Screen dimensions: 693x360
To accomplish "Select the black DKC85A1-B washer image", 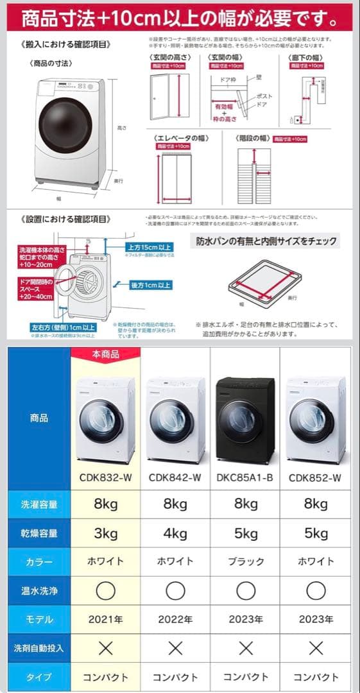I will point(245,420).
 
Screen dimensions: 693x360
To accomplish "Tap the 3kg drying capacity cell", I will point(105,533).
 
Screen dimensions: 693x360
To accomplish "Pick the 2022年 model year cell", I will point(175,619).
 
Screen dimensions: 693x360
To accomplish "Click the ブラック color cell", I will point(245,561).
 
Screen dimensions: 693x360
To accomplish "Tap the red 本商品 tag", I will point(105,354).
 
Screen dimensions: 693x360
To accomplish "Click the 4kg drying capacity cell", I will point(175,533).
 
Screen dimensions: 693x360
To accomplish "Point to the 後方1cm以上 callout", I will point(150,285).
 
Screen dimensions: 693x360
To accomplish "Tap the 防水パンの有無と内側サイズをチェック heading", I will point(266,242).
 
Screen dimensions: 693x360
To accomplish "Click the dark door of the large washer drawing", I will point(65,124).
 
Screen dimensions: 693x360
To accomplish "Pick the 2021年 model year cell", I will point(105,619).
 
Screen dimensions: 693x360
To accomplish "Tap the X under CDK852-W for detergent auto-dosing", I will point(315,648).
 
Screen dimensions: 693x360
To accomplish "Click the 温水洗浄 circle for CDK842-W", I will point(175,590).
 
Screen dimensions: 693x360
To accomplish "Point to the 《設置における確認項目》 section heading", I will point(66,219).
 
